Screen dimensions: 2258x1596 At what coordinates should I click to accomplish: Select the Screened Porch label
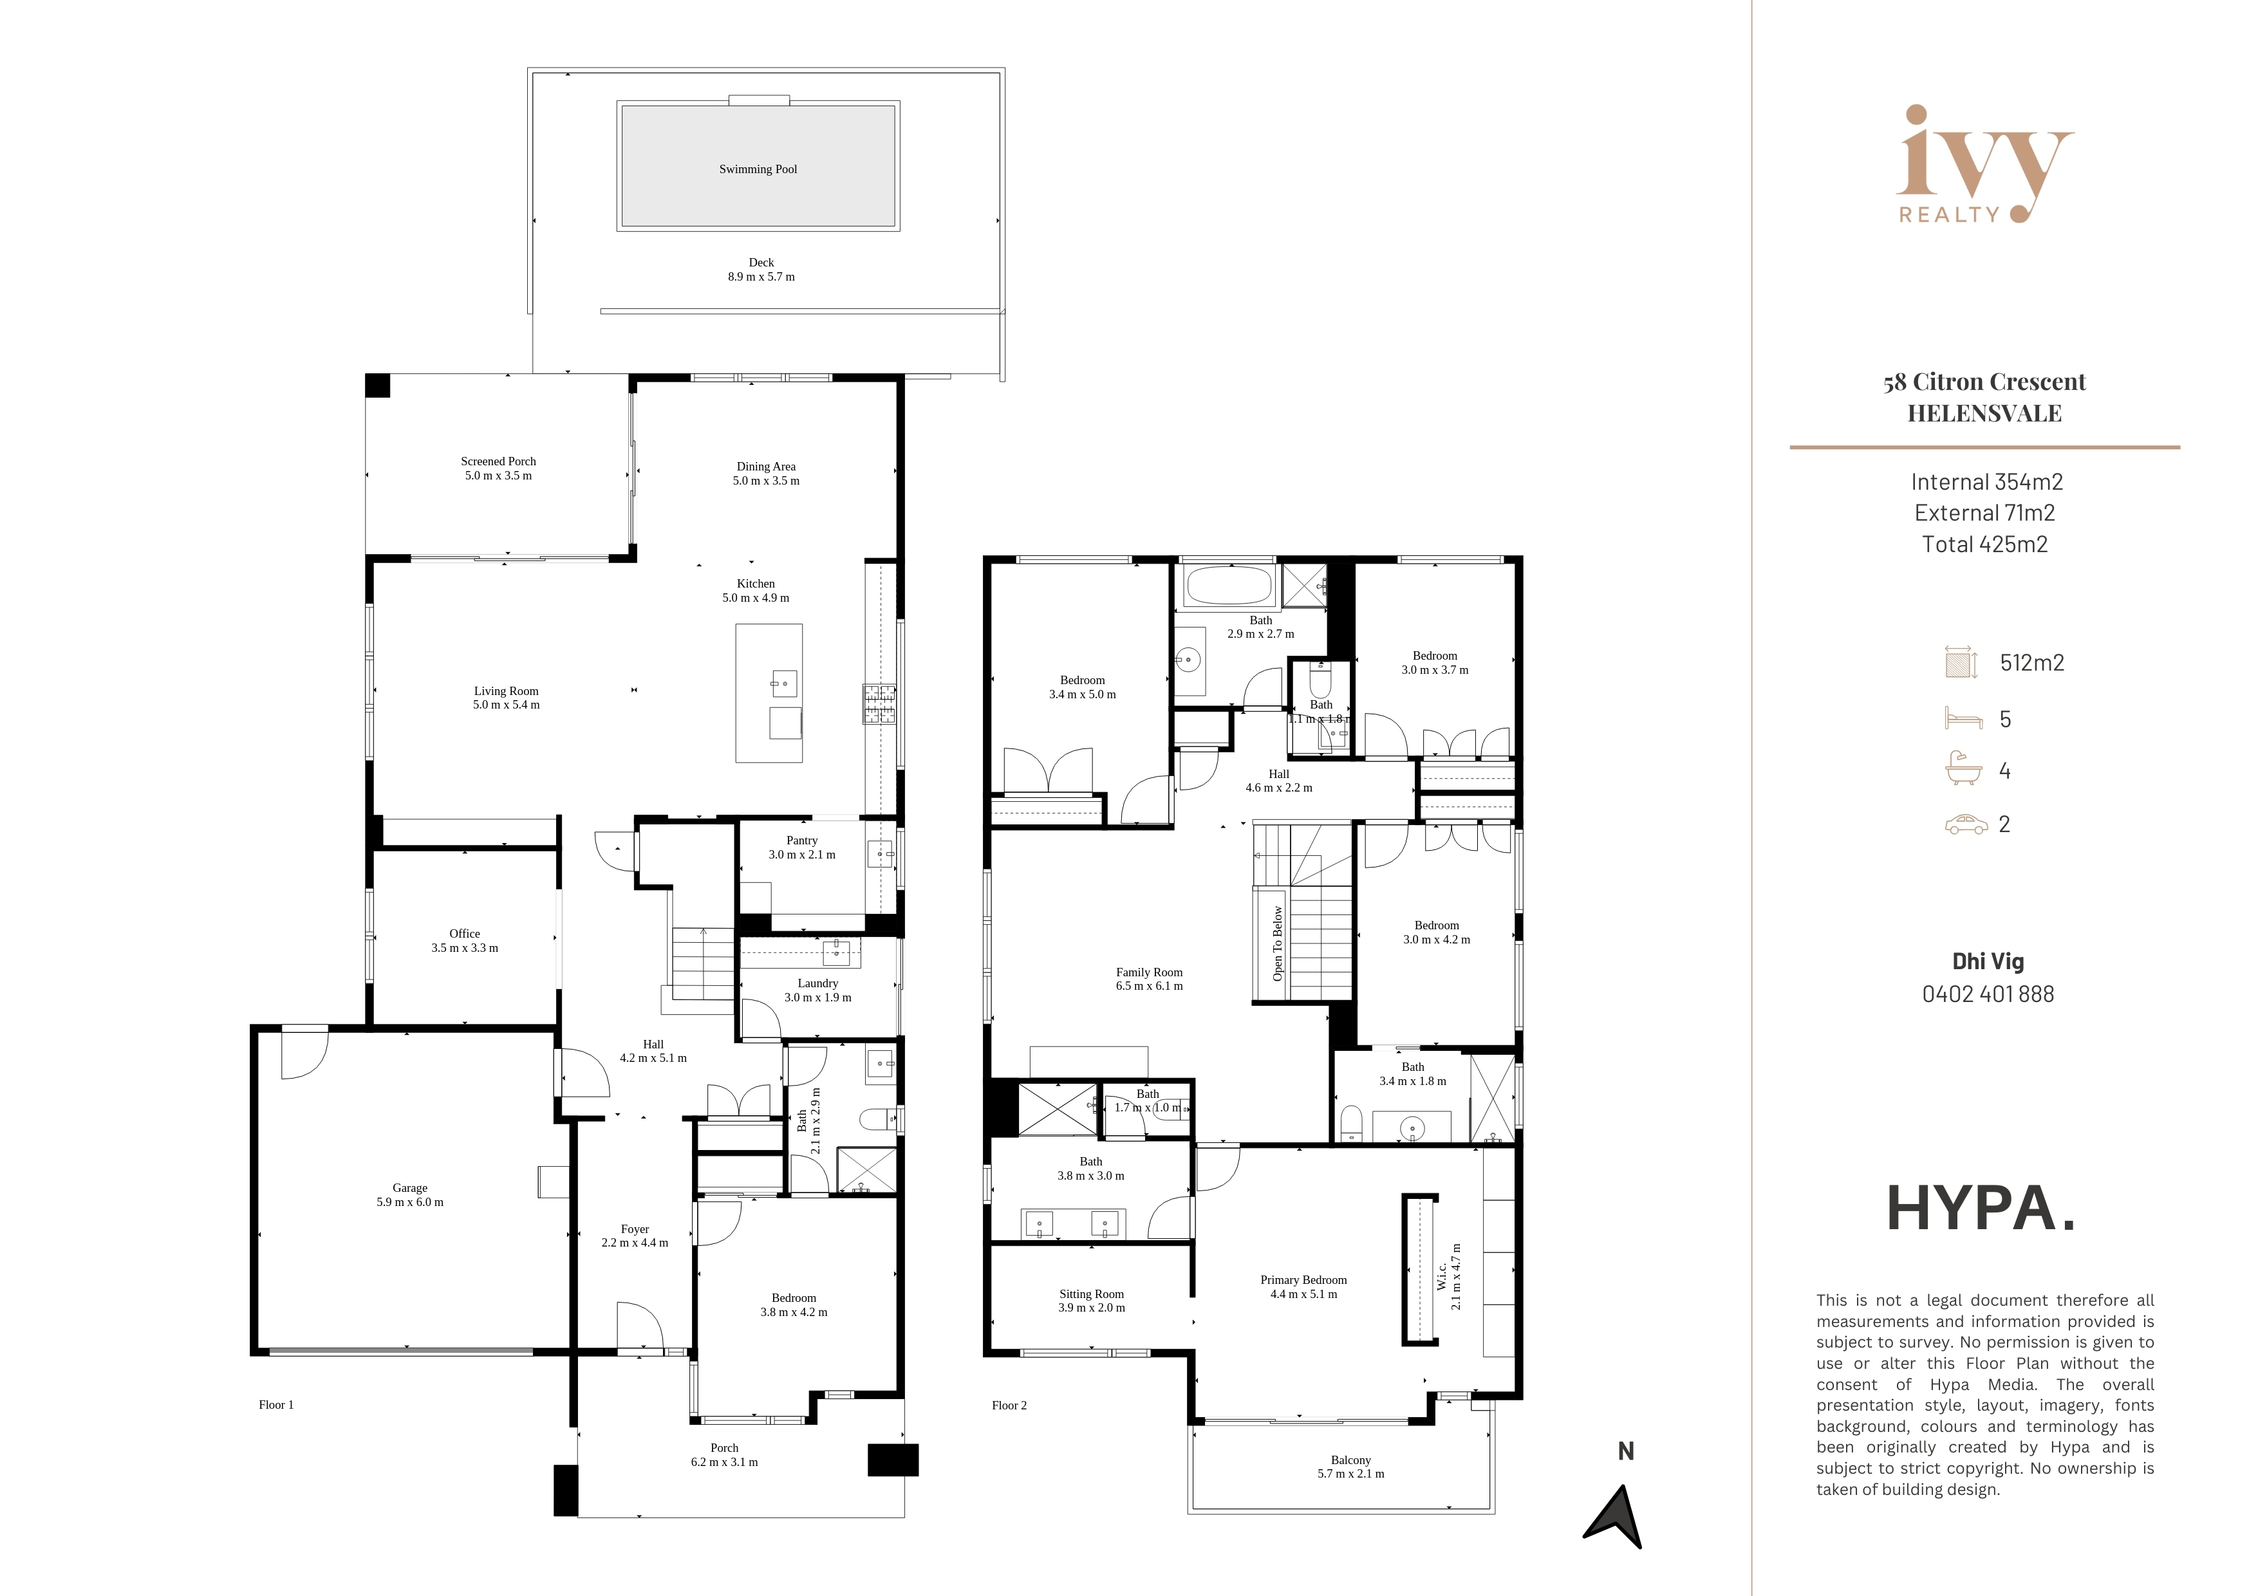(499, 461)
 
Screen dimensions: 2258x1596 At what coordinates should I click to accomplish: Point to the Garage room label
(410, 1188)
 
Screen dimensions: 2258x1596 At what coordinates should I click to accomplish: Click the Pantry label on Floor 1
(801, 840)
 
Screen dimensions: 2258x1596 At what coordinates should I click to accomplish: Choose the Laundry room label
(817, 983)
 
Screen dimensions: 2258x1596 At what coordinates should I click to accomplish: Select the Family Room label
(1149, 972)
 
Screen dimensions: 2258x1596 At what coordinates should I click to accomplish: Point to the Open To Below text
(1278, 944)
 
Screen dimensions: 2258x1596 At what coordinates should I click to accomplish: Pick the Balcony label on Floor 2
(1350, 1460)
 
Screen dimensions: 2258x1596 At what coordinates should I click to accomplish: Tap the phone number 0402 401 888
(1988, 994)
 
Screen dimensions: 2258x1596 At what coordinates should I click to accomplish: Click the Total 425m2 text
(1984, 544)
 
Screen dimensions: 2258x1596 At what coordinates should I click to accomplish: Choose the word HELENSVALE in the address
(1984, 414)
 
